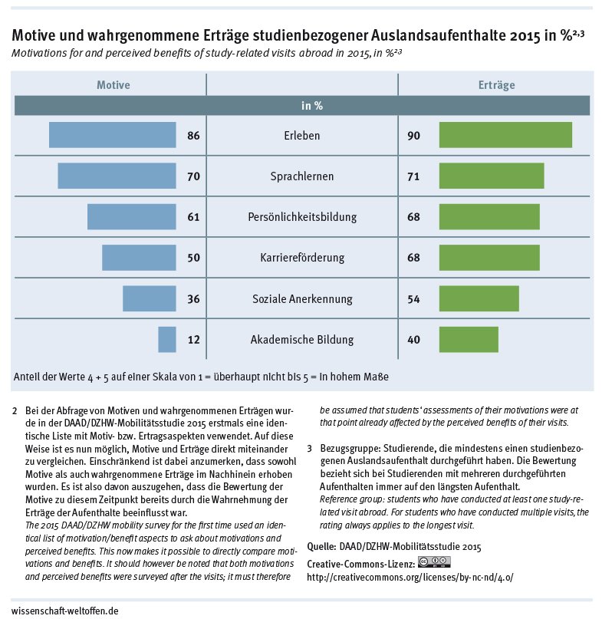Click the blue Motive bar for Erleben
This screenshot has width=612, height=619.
pos(112,136)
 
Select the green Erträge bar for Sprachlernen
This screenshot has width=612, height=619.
pos(491,176)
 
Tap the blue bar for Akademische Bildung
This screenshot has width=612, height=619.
pos(167,340)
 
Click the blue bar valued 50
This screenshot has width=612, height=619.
pos(139,258)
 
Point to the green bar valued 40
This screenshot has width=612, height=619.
pos(468,340)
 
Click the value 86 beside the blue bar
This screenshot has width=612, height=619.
pos(193,137)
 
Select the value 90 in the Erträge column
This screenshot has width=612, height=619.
pos(414,137)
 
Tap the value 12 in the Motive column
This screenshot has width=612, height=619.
pos(193,340)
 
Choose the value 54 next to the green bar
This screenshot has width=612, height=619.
pos(414,299)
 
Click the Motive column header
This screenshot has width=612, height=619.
pos(113,85)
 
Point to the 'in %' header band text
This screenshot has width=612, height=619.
pos(311,106)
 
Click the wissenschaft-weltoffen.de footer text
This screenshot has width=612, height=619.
pos(65,611)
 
